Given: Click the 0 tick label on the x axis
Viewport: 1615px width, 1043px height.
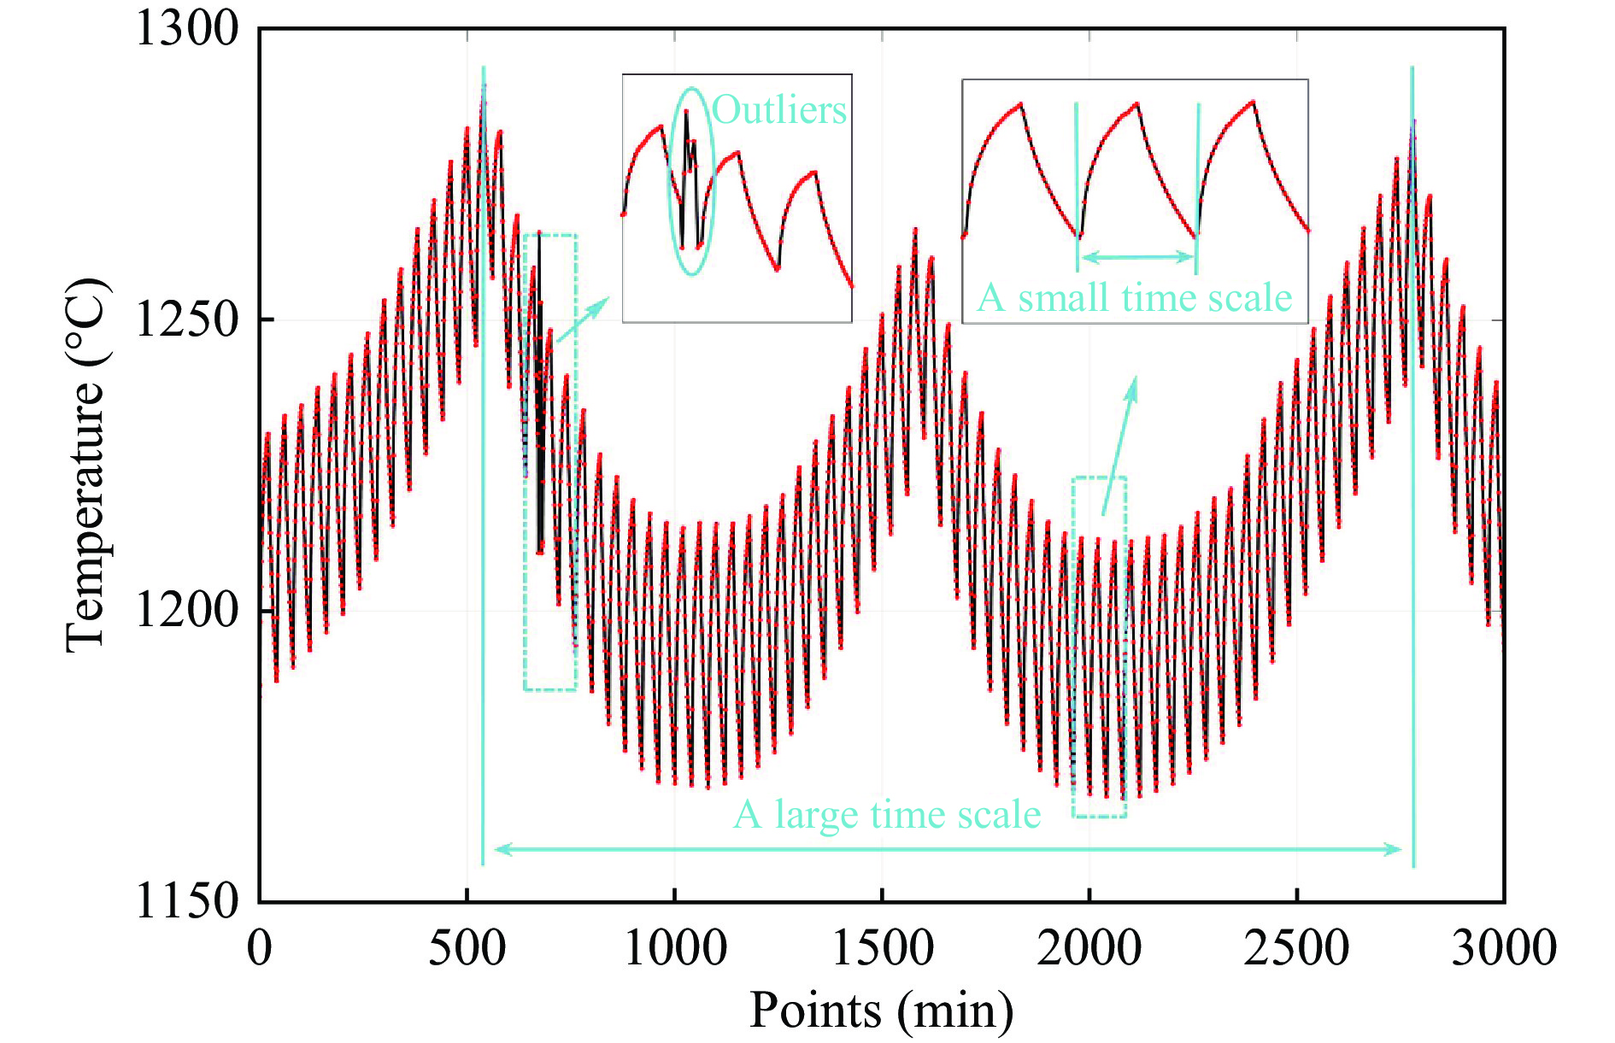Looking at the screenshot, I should click(x=260, y=948).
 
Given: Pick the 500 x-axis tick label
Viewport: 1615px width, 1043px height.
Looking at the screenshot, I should click(x=467, y=948).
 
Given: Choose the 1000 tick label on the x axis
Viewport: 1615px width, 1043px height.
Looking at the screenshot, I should click(x=675, y=948).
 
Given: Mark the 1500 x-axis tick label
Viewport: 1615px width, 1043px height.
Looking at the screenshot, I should click(x=883, y=948).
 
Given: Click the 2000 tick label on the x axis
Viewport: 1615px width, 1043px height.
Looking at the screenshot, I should click(x=1089, y=948).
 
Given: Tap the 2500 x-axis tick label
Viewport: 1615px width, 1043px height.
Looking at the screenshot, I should click(x=1297, y=948).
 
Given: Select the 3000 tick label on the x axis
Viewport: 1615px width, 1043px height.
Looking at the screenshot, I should click(x=1504, y=948).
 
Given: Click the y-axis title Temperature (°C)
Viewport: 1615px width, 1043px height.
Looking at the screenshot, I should click(x=87, y=466).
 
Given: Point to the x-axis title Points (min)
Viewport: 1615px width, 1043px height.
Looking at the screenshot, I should click(x=882, y=1011).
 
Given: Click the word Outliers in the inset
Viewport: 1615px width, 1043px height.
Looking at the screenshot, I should click(x=779, y=110).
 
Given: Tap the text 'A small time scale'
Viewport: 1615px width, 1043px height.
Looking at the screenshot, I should click(x=1135, y=298).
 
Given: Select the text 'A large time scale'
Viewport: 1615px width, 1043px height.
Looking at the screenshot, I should click(x=887, y=815).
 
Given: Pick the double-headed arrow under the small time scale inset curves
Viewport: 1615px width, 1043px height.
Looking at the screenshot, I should click(x=1136, y=256).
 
